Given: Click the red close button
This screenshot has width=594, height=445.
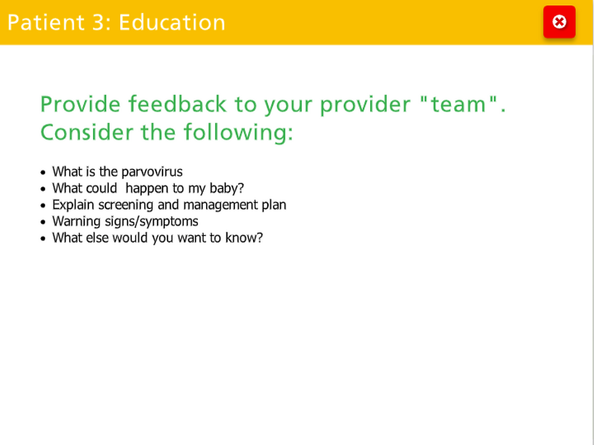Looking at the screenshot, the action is tap(559, 22).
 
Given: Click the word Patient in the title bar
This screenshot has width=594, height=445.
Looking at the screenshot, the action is tap(46, 22).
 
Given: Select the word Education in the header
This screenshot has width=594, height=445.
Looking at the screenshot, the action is tap(173, 22).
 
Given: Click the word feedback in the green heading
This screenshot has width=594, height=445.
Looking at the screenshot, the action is tap(178, 104).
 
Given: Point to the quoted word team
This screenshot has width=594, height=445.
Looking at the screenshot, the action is tap(458, 104).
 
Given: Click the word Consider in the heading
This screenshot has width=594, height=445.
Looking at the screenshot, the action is tap(87, 133).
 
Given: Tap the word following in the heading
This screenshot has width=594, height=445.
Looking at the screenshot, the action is tap(238, 133).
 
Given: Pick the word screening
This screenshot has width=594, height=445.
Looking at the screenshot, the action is tap(126, 205).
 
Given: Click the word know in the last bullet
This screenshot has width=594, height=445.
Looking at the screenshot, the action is tap(244, 238).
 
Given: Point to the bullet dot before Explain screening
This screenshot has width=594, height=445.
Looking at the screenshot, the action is tap(43, 206).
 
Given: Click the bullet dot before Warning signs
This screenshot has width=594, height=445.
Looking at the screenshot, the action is tap(43, 222).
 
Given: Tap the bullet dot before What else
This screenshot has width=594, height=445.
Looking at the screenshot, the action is tap(43, 239).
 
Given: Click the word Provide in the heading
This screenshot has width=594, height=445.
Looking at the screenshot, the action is tap(80, 104).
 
